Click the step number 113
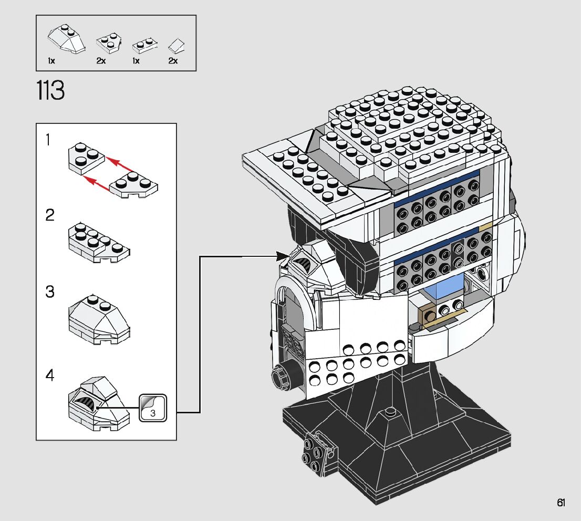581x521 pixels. [x=50, y=90]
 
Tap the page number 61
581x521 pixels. [x=561, y=503]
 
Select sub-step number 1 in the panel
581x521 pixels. [x=47, y=140]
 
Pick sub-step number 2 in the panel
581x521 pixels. [x=50, y=215]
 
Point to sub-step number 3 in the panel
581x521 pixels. [x=50, y=291]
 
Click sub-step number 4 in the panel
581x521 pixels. [x=50, y=376]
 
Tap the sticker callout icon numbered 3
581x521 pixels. [x=153, y=408]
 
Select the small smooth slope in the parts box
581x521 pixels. [x=177, y=46]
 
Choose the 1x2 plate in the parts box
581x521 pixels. [x=145, y=45]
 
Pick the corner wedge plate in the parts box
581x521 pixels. [x=109, y=43]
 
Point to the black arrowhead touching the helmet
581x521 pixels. [x=283, y=255]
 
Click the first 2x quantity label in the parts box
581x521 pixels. [x=101, y=61]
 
